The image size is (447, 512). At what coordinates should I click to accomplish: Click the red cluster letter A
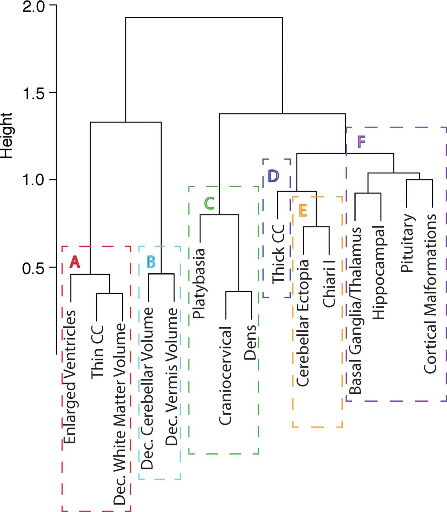tap(75, 262)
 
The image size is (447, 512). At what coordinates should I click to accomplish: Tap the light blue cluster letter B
tap(151, 262)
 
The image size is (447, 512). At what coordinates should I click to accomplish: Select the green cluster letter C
tap(209, 204)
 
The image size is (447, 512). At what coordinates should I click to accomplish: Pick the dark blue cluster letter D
tap(273, 176)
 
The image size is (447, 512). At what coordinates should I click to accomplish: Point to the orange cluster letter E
tap(303, 211)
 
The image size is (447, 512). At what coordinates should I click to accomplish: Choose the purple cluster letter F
tap(361, 142)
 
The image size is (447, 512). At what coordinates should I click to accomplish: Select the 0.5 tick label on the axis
tap(34, 267)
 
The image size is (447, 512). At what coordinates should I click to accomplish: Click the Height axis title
tap(6, 136)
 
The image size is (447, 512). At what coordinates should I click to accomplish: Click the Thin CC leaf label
tap(97, 351)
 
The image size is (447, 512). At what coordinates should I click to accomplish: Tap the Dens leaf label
tap(250, 342)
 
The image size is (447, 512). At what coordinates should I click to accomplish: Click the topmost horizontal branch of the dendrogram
tap(204, 18)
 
